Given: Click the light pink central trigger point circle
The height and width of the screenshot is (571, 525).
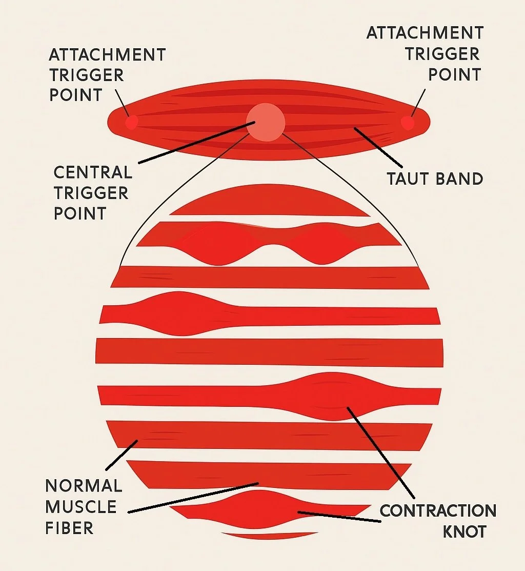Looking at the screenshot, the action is click(x=265, y=122).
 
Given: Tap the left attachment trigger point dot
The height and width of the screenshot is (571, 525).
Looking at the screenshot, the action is click(x=132, y=122).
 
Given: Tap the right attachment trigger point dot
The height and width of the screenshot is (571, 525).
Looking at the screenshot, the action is click(x=408, y=123).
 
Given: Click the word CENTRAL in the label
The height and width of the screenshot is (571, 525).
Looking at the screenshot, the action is click(x=93, y=172).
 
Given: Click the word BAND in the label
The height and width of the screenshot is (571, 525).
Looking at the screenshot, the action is click(x=459, y=179).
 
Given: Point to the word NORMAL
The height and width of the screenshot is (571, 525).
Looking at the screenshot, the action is click(x=84, y=485).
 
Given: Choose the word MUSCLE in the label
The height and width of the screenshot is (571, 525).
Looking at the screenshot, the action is click(x=81, y=507).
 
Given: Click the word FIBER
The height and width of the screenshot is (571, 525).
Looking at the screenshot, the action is click(x=69, y=528).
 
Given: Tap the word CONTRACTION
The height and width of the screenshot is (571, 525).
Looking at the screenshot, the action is click(x=438, y=511).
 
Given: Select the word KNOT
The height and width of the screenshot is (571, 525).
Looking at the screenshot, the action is click(x=464, y=531).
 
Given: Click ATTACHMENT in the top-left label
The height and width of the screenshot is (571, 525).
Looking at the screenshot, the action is click(x=107, y=54).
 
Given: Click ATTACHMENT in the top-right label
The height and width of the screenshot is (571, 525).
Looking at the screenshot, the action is click(x=425, y=33).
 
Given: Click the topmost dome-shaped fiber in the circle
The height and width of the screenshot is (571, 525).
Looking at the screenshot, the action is click(x=269, y=202).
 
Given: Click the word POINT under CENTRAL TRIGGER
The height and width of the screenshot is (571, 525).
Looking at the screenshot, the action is click(x=80, y=213).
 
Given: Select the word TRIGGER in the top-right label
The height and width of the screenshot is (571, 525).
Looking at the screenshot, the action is click(x=442, y=54).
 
